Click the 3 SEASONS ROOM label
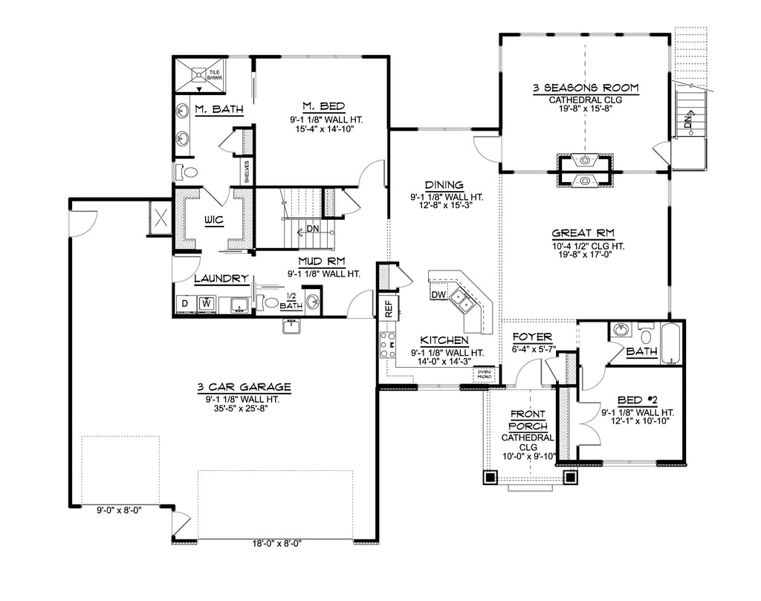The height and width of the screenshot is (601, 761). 586,88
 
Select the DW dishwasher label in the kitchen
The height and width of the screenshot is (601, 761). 438,295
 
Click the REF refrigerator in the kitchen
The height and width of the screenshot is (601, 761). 387,308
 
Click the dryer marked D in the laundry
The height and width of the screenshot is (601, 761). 184,304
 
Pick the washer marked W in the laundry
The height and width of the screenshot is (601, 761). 206,304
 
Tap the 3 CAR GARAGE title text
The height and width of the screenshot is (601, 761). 244,387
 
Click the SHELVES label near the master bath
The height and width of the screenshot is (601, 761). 247,172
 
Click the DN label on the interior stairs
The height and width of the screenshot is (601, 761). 313,229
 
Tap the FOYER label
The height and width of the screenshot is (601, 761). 531,337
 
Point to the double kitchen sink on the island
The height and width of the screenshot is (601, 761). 465,301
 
